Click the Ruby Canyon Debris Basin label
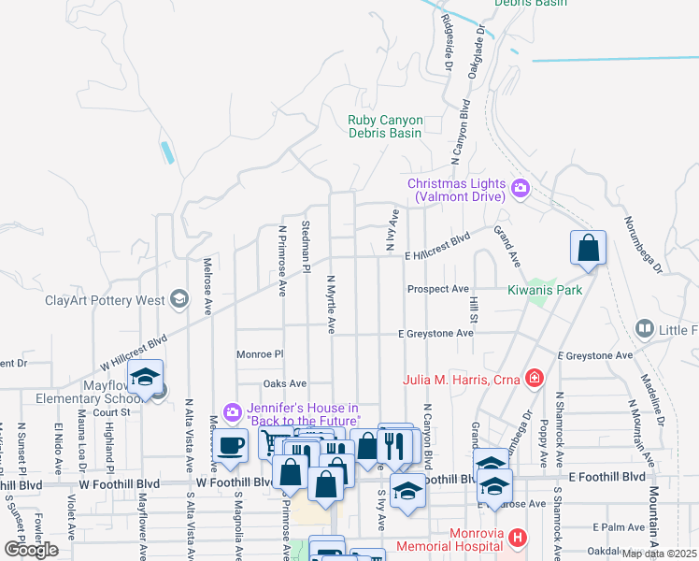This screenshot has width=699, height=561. click(x=385, y=126)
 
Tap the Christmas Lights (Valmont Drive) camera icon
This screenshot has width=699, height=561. click(x=521, y=189)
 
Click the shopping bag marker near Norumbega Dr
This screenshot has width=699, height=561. click(x=589, y=250)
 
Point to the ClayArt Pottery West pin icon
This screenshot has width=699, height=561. click(x=179, y=300)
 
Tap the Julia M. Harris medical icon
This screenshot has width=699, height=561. click(x=534, y=379)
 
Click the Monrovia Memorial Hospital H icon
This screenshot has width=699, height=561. click(x=518, y=539)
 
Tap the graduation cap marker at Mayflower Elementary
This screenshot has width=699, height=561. click(x=145, y=377)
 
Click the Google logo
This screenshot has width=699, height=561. click(x=32, y=550)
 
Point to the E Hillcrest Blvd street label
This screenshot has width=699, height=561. click(x=436, y=240)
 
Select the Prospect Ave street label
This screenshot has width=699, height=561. click(x=437, y=289)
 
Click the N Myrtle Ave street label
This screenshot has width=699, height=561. click(x=331, y=303)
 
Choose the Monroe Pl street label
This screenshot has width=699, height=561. click(x=259, y=355)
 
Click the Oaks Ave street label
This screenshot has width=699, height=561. click(x=285, y=383)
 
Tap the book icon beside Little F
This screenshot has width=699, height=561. click(x=644, y=328)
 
